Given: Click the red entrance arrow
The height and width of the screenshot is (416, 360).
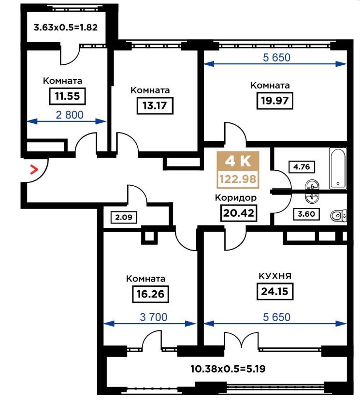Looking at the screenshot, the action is click(x=34, y=169).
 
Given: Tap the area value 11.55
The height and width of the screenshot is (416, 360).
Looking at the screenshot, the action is click(x=67, y=96).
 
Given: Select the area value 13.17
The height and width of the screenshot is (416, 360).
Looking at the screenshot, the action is click(x=155, y=106).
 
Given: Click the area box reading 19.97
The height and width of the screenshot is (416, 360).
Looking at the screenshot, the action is click(x=275, y=101).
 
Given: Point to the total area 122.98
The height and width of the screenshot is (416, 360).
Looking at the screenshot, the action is click(x=238, y=179).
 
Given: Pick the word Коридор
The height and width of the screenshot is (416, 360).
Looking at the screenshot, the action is click(x=236, y=198).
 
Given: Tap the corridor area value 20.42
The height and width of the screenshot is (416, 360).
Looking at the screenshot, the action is click(x=239, y=213).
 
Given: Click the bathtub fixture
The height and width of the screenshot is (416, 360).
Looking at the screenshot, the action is click(x=338, y=168).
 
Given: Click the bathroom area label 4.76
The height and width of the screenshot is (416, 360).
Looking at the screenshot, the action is click(x=302, y=167).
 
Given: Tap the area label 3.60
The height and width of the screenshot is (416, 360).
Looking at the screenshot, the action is click(x=306, y=214).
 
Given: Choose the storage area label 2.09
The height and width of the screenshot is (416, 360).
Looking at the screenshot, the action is click(x=124, y=218).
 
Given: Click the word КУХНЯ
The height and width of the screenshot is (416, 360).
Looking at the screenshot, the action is click(x=275, y=276).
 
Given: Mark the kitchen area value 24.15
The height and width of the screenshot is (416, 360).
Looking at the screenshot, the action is click(x=275, y=292).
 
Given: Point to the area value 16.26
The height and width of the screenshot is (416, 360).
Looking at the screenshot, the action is click(x=151, y=294).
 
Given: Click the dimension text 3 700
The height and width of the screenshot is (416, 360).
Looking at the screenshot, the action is click(x=154, y=317).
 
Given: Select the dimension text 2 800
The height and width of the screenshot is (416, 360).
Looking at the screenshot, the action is click(x=70, y=115).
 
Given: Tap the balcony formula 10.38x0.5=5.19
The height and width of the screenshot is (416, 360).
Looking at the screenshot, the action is click(x=228, y=369).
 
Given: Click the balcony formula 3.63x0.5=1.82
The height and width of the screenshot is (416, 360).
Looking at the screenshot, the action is click(x=66, y=27).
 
